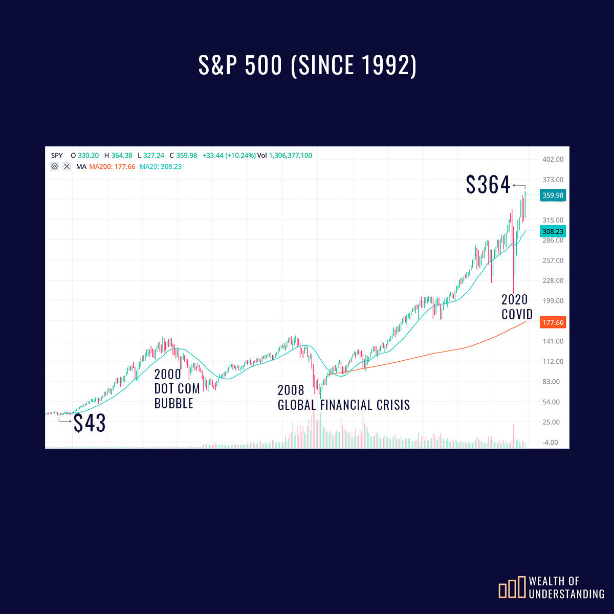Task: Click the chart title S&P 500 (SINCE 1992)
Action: click(x=308, y=65)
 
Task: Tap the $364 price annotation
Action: click(x=488, y=185)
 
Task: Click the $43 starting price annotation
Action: click(x=90, y=423)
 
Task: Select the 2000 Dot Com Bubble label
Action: click(x=177, y=389)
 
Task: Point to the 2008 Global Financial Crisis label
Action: click(x=343, y=398)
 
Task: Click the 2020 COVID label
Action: click(x=516, y=307)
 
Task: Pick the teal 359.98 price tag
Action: click(x=553, y=195)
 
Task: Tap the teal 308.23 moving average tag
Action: click(x=553, y=232)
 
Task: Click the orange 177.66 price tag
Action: click(x=553, y=322)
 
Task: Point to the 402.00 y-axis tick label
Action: click(x=553, y=160)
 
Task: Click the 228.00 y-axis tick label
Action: click(x=553, y=281)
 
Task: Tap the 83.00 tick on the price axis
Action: click(x=551, y=382)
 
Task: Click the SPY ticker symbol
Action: click(x=57, y=156)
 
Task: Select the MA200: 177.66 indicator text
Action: click(x=112, y=167)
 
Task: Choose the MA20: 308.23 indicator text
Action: click(x=161, y=167)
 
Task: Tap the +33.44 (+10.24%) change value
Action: click(x=229, y=156)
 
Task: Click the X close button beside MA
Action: click(x=67, y=167)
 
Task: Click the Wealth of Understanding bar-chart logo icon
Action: click(x=512, y=587)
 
